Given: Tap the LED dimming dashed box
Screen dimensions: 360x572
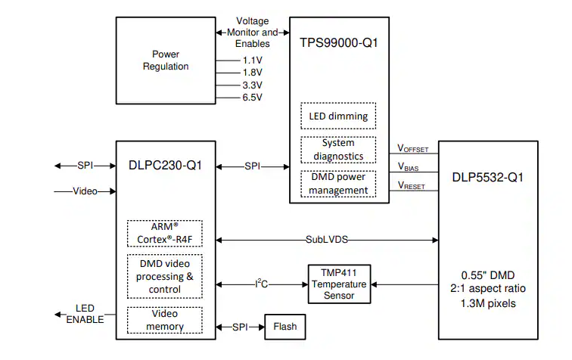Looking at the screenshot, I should click(338, 116).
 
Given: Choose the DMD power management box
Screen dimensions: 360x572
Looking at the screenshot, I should click(338, 185).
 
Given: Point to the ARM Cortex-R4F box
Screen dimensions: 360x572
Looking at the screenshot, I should click(165, 233).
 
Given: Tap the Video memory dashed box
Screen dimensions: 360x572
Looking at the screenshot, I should click(165, 321).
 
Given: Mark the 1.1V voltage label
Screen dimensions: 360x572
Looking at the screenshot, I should click(252, 60).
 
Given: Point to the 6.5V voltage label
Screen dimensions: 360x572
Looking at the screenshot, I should click(252, 98).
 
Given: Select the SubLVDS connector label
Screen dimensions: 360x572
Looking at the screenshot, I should click(327, 239).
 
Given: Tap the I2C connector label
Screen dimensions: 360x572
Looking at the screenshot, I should click(262, 284).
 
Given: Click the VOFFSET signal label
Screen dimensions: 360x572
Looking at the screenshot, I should click(413, 149).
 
